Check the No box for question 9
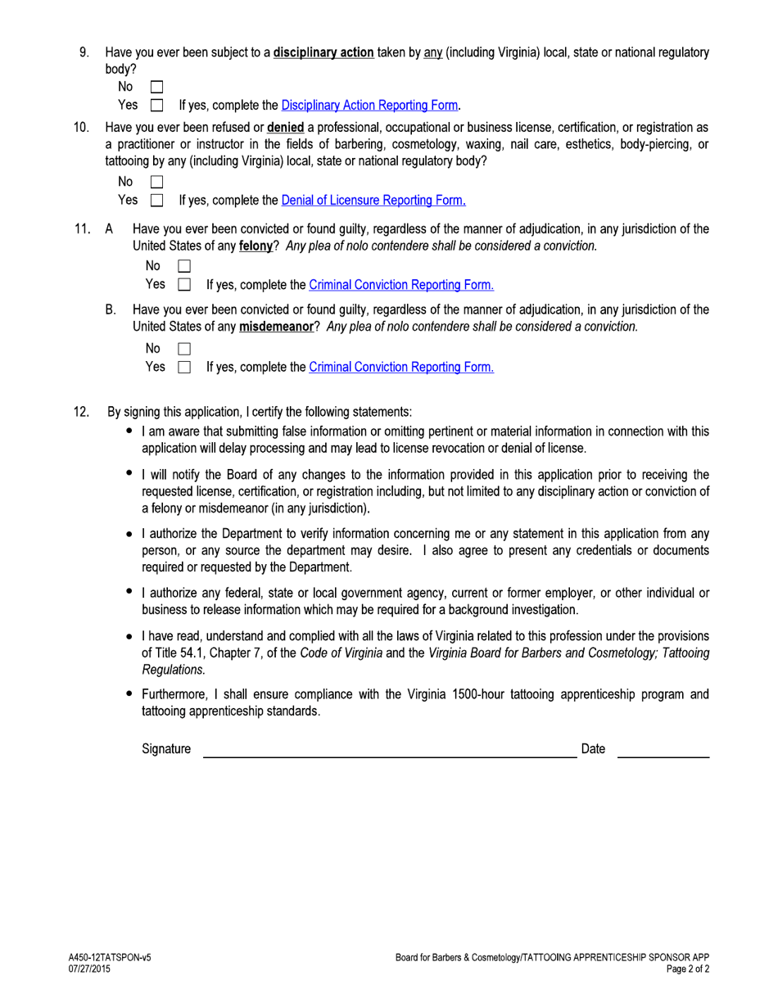pyautogui.click(x=157, y=87)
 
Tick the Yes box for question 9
pyautogui.click(x=157, y=106)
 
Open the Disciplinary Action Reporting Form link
pyautogui.click(x=370, y=106)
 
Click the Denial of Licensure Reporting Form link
pyautogui.click(x=373, y=201)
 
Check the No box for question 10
pyautogui.click(x=157, y=182)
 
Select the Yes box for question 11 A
pyautogui.click(x=184, y=285)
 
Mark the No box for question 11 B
pyautogui.click(x=184, y=349)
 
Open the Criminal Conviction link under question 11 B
pyautogui.click(x=400, y=368)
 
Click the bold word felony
pyautogui.click(x=256, y=246)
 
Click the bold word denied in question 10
pyautogui.click(x=285, y=128)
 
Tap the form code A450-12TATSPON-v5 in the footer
pyautogui.click(x=110, y=957)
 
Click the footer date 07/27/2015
pyautogui.click(x=89, y=969)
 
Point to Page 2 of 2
pyautogui.click(x=687, y=969)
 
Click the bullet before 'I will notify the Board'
pyautogui.click(x=129, y=472)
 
